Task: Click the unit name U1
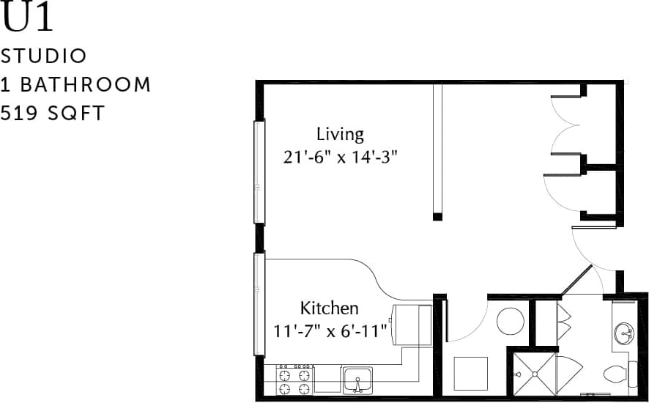click(28, 18)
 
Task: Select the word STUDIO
click(44, 56)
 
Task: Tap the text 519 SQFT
click(53, 113)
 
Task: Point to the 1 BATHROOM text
click(75, 84)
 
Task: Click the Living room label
click(340, 134)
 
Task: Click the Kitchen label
click(329, 308)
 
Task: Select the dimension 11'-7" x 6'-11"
click(330, 331)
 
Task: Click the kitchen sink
click(357, 380)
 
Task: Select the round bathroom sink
click(624, 333)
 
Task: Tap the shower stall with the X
click(534, 374)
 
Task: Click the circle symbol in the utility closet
click(510, 321)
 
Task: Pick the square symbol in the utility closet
click(470, 374)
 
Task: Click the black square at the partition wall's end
click(437, 216)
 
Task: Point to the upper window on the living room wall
click(259, 171)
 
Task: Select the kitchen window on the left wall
click(259, 304)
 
